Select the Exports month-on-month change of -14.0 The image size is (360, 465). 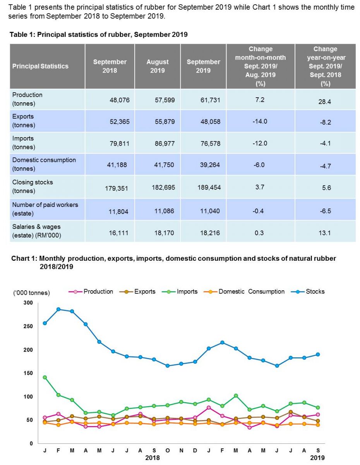261,121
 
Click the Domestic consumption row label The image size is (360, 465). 44,164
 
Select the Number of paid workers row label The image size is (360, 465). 45,208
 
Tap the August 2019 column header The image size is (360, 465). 158,66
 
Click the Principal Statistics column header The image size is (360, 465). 40,66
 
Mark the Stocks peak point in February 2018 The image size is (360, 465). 58,309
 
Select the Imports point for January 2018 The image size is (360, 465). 45,377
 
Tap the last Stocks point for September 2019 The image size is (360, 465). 317,354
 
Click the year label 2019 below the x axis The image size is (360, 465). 317,458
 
